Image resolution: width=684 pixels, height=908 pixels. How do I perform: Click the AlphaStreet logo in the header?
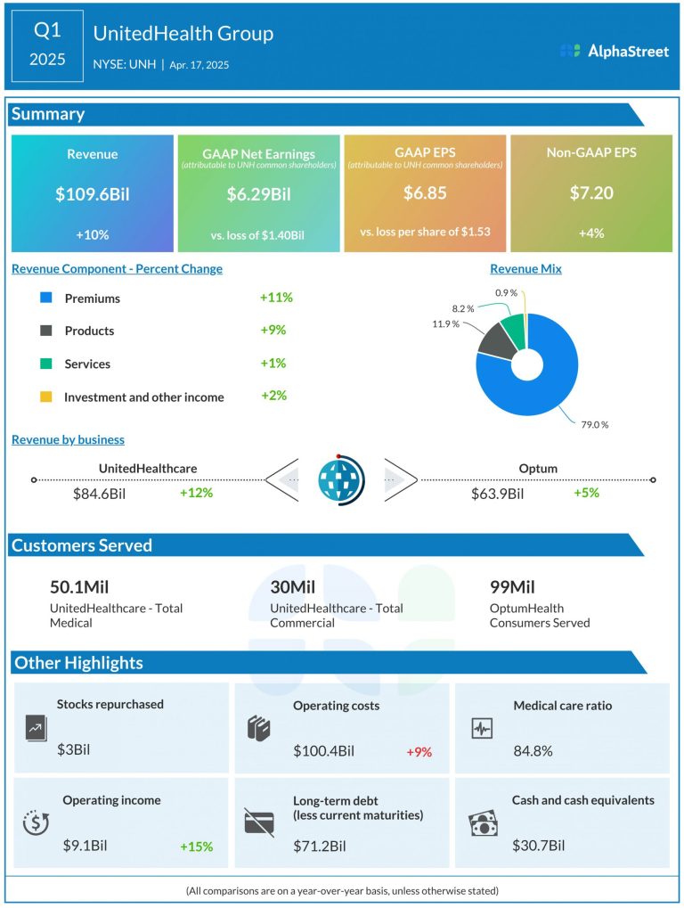615,51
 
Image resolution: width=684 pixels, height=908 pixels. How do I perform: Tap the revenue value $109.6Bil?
92,193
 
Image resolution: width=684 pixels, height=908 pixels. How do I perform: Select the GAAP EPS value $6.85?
424,193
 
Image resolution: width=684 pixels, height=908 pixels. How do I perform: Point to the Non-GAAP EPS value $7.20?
590,193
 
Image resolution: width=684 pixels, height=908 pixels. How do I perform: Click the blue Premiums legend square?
46,299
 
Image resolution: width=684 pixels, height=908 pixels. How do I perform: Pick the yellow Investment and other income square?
46,397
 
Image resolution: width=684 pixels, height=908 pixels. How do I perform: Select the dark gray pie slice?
495,340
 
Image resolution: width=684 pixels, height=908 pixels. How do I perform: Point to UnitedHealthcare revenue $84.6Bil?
102,494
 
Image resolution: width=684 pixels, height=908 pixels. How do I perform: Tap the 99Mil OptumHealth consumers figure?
512,586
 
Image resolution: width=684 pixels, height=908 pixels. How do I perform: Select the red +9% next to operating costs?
419,752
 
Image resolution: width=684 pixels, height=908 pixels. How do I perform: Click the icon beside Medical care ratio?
482,728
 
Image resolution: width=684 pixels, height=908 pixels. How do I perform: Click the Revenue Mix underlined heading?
525,268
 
